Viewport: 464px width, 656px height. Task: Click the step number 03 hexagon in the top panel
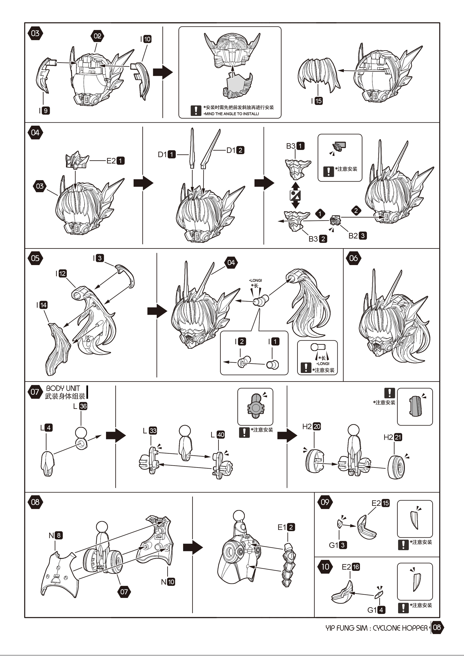point(35,33)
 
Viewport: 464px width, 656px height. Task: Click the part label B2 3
point(357,236)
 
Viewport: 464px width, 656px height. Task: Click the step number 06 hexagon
point(353,258)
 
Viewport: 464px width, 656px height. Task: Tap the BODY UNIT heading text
point(63,388)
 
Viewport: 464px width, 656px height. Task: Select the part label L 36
point(80,406)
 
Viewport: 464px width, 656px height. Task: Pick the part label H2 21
point(393,437)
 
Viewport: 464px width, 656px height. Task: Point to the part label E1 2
point(286,527)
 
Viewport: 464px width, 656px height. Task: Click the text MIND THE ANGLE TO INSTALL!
point(231,114)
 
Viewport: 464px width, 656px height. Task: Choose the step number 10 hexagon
point(325,567)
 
